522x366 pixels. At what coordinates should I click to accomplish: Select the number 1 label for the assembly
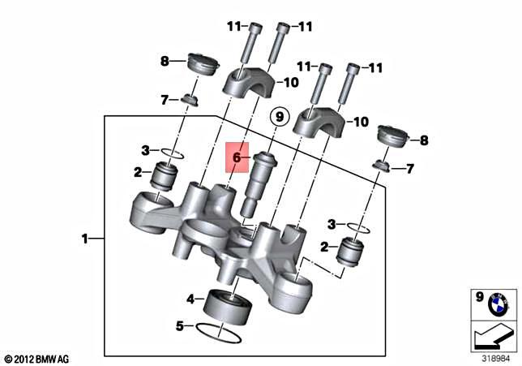point(84,239)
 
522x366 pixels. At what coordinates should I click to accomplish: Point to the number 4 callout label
point(190,299)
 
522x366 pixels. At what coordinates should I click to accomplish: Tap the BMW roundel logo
point(494,305)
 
